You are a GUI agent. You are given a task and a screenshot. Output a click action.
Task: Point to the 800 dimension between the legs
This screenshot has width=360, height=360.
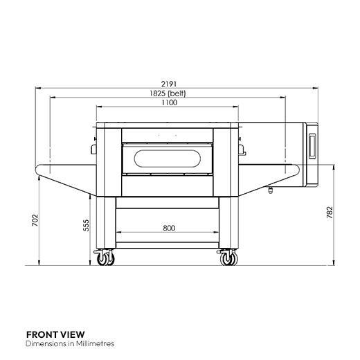pyautogui.click(x=169, y=227)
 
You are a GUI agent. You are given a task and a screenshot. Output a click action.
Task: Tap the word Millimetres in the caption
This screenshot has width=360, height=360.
pyautogui.click(x=93, y=343)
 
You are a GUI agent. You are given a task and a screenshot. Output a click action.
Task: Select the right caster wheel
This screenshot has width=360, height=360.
pyautogui.click(x=226, y=260)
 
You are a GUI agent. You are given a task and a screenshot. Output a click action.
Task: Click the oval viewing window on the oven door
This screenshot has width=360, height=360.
pyautogui.click(x=169, y=158)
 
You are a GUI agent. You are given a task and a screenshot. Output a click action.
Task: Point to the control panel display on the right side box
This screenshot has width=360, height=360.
pyautogui.click(x=310, y=145)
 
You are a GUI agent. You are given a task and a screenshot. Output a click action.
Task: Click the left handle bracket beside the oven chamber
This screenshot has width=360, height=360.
pyautogui.click(x=93, y=147)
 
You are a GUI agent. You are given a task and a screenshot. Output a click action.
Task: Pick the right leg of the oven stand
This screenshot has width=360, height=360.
pyautogui.click(x=226, y=222)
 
